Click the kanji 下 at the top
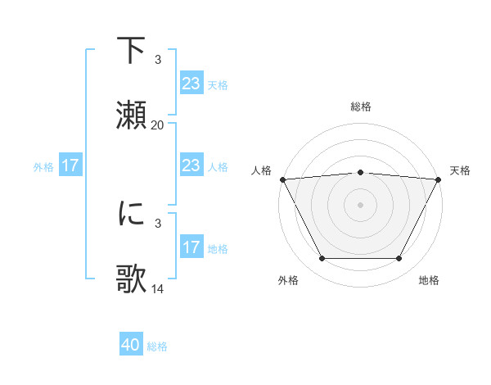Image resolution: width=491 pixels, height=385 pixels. (x=132, y=51)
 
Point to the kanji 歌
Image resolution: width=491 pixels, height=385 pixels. (x=132, y=279)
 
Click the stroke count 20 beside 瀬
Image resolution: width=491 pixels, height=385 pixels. (x=158, y=125)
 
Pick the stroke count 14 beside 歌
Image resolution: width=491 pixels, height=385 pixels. (x=158, y=288)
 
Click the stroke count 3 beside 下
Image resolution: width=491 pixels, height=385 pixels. (x=158, y=60)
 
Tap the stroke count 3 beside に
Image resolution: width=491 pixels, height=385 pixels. (x=158, y=223)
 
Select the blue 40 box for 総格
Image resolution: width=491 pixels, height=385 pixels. (x=131, y=346)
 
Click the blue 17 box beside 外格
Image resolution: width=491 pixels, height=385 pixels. (x=70, y=165)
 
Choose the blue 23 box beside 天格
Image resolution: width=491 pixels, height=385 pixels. (x=191, y=84)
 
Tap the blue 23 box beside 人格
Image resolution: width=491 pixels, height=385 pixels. (x=191, y=165)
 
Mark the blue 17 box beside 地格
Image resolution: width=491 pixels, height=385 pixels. (x=191, y=247)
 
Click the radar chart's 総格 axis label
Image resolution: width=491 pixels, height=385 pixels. (x=360, y=106)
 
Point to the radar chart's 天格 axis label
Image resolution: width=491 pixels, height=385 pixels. (x=460, y=170)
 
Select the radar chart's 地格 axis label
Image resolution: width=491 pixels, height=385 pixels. (x=429, y=281)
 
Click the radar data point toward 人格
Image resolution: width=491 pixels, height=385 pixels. (x=282, y=179)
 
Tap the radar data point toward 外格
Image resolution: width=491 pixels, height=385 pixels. (x=322, y=259)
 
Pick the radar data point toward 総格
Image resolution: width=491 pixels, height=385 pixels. (x=360, y=172)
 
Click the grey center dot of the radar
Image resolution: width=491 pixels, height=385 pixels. (x=360, y=204)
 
